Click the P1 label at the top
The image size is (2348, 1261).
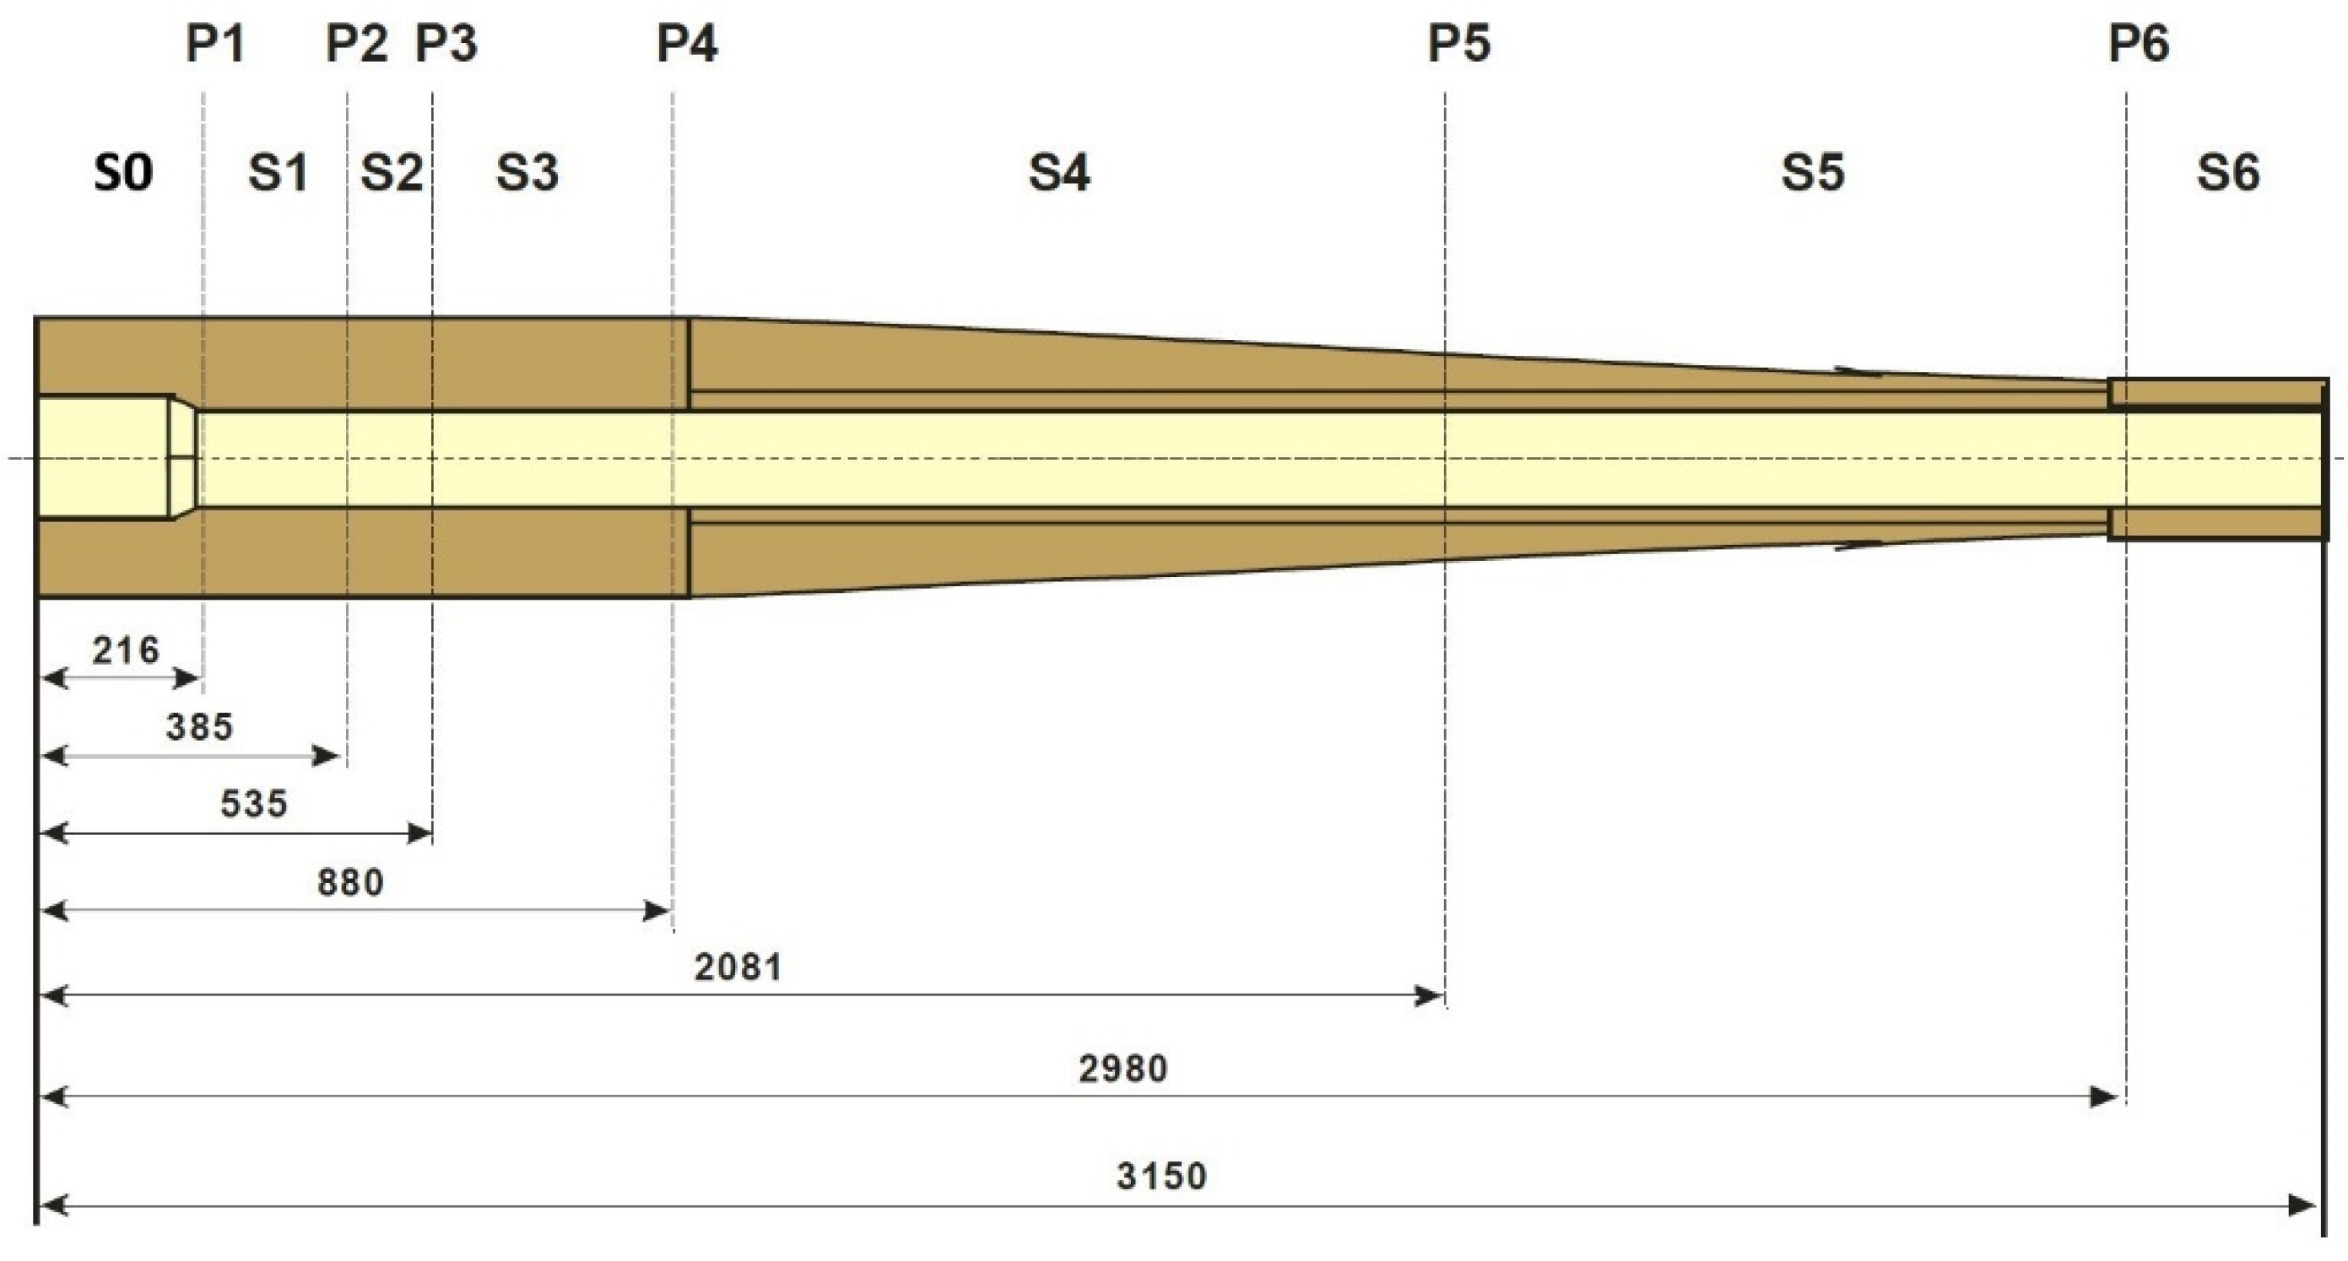[x=215, y=44]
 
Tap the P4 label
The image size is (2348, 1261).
[x=687, y=44]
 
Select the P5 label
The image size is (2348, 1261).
[x=1458, y=44]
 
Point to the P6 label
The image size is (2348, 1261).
[x=2139, y=44]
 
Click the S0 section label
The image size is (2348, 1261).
[x=123, y=172]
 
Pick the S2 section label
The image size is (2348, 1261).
[x=392, y=172]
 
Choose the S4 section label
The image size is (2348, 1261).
[x=1059, y=172]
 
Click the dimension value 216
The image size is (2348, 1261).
[x=126, y=650]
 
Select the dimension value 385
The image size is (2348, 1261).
[x=200, y=727]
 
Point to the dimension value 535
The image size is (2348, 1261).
[x=254, y=805]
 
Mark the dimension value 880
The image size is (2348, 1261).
[x=351, y=882]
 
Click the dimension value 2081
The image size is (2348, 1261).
[x=738, y=967]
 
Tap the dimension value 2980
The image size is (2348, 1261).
[x=1123, y=1069]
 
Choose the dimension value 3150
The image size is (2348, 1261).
[x=1162, y=1177]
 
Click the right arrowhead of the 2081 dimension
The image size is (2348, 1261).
[x=1431, y=996]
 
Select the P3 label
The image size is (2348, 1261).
[x=446, y=44]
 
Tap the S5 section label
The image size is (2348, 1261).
[x=1813, y=172]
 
